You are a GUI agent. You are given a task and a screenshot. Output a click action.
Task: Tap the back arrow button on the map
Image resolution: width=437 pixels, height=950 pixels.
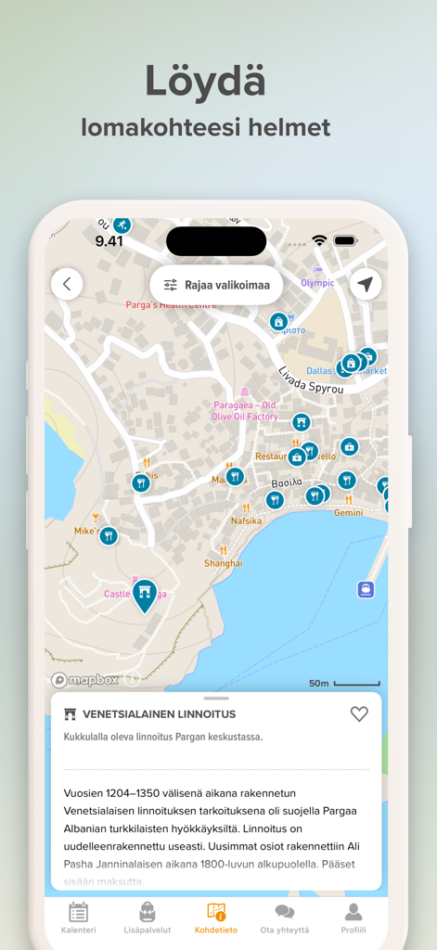(x=67, y=284)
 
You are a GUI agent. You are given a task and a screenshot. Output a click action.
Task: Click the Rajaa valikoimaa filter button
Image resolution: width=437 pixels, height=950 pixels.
(x=216, y=285)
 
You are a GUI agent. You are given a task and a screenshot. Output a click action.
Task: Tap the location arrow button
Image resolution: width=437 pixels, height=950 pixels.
(x=366, y=284)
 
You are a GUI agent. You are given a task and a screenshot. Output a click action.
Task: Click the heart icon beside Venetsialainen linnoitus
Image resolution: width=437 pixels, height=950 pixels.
(x=359, y=713)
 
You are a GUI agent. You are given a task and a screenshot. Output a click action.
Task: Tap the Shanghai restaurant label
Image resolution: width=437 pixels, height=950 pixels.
(x=224, y=563)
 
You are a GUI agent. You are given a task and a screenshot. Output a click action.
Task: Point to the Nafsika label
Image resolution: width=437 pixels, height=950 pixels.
(x=247, y=520)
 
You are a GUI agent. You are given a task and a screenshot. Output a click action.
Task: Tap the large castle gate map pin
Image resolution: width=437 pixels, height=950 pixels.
(x=144, y=595)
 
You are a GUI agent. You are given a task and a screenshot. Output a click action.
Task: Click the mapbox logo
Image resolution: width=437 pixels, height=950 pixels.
(x=85, y=680)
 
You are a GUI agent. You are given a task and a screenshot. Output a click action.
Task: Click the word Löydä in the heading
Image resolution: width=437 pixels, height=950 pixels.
(x=205, y=82)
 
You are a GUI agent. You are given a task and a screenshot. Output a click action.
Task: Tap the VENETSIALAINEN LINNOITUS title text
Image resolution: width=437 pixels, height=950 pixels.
(x=159, y=714)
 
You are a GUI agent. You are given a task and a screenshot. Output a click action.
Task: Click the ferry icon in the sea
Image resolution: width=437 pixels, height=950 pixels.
(x=366, y=589)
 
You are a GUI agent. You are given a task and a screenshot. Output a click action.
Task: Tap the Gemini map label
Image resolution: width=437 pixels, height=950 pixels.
(x=349, y=512)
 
